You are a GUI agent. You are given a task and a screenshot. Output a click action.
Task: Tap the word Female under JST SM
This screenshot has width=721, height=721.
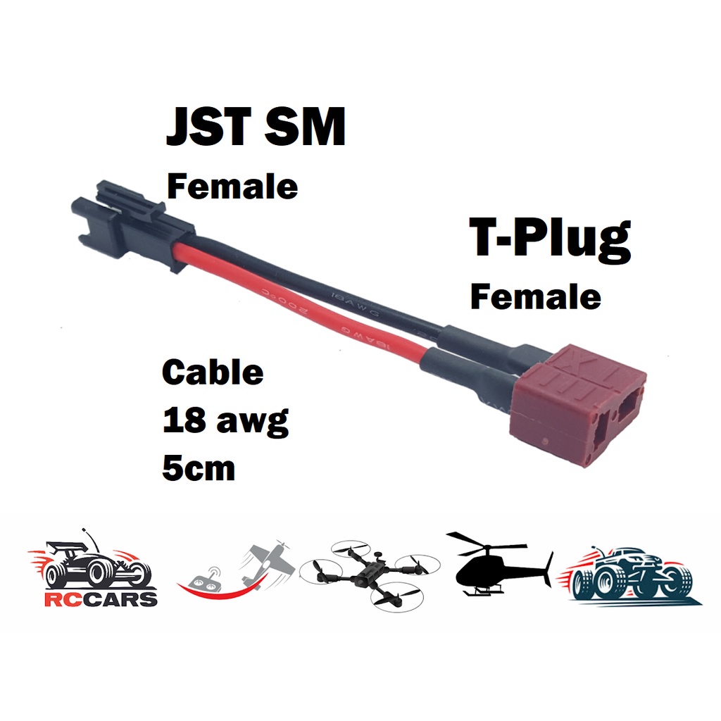point(232,187)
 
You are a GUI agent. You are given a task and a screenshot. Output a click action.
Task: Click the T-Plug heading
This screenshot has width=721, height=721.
point(549,239)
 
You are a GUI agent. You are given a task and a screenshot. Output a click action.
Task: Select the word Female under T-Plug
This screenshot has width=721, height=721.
point(535,296)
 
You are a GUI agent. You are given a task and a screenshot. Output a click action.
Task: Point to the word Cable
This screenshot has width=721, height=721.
point(213,372)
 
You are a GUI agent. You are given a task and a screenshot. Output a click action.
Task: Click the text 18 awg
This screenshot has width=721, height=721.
point(225,421)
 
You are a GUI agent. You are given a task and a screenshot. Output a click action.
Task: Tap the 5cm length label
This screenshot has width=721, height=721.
point(199,468)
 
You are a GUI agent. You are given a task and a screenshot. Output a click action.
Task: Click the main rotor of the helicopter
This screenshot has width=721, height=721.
point(486,543)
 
